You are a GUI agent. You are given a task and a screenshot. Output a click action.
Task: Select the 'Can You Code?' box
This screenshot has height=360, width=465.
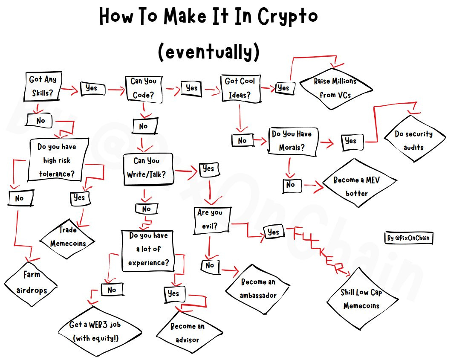click(x=144, y=89)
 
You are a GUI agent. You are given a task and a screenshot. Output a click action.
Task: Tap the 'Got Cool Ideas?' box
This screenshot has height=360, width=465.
click(x=240, y=88)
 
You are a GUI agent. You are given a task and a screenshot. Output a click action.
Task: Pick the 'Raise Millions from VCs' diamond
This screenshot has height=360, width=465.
click(x=335, y=88)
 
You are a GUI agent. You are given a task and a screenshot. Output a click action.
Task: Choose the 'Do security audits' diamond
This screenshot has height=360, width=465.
click(x=413, y=140)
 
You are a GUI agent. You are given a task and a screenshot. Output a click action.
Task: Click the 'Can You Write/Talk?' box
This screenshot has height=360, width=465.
click(x=147, y=168)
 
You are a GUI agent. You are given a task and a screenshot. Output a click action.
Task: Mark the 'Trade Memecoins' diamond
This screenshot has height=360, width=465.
click(x=68, y=237)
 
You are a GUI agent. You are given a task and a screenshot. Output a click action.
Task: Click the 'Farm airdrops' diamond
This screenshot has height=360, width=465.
click(x=32, y=282)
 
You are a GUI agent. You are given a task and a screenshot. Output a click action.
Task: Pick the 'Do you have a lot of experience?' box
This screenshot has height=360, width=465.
click(x=149, y=249)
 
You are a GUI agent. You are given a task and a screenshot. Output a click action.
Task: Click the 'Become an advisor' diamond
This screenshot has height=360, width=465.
click(x=187, y=333)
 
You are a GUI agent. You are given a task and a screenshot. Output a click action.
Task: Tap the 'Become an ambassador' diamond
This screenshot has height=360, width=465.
click(x=257, y=288)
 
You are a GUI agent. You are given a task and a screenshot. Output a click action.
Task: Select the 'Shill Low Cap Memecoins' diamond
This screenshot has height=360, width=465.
click(x=361, y=299)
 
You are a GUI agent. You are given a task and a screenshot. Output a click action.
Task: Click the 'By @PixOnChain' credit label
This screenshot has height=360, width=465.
click(x=408, y=238)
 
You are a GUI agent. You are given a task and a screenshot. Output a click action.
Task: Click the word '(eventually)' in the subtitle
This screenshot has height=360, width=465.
click(x=208, y=52)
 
